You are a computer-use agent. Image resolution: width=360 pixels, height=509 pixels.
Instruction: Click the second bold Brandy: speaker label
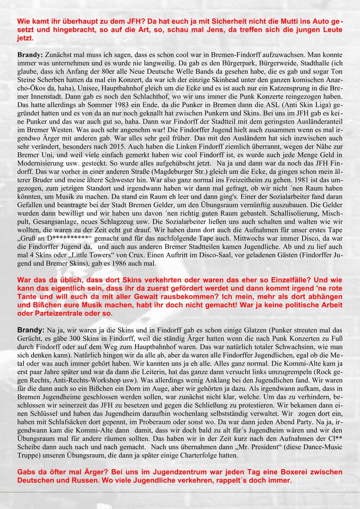coord(31,330)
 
